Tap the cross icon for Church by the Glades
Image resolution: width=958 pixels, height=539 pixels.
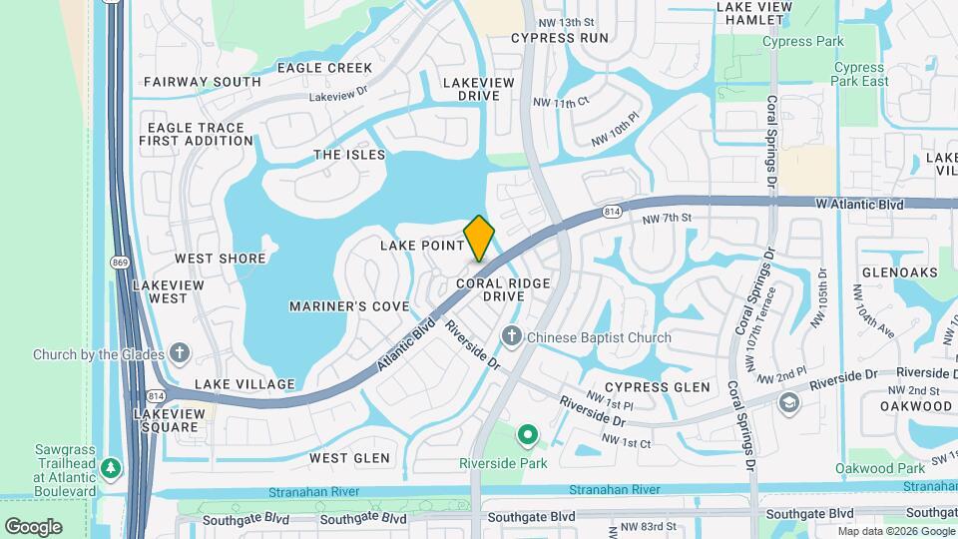180,353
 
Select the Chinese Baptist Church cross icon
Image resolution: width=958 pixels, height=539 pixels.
512,337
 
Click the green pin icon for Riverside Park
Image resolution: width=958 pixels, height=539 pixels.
527,434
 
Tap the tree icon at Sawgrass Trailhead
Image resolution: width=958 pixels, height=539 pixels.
112,467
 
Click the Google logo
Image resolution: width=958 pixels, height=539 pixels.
33,526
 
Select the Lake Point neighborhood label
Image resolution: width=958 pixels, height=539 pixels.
422,246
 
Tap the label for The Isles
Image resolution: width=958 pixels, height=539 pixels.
349,155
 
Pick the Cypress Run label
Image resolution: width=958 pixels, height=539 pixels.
559,38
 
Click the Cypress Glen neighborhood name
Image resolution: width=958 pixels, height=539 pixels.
657,387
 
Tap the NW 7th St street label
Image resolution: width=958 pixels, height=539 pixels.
667,219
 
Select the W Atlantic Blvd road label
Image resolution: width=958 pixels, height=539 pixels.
859,205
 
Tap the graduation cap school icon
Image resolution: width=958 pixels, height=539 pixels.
788,402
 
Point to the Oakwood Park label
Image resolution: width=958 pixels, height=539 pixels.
881,468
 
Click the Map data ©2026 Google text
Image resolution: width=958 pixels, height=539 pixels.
894,531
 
